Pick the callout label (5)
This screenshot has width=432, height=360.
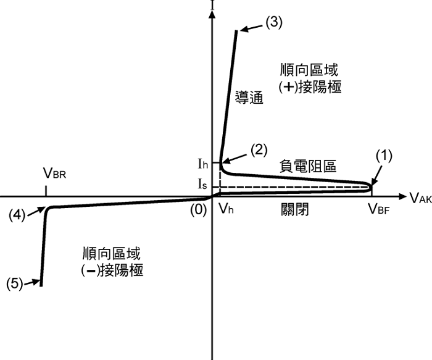[14, 283]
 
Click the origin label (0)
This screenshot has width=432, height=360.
[197, 209]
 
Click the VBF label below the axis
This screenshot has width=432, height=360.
[380, 210]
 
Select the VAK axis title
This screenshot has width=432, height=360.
[420, 198]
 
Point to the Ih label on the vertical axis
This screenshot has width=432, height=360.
[203, 164]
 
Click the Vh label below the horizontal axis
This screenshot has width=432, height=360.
[226, 209]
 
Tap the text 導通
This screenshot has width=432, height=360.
[250, 98]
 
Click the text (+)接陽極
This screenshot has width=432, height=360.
[310, 87]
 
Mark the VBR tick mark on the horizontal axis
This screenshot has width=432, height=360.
[46, 190]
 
